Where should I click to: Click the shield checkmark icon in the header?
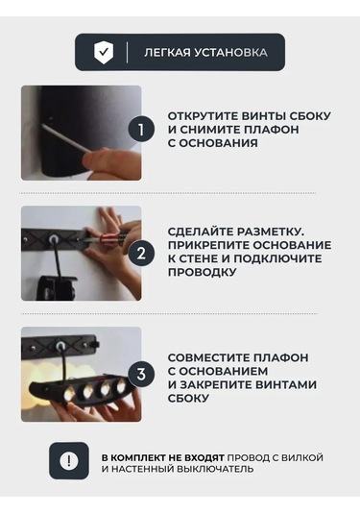pyautogui.click(x=104, y=52)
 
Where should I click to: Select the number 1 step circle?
pyautogui.click(x=141, y=129)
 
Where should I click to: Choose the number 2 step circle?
pyautogui.click(x=141, y=253)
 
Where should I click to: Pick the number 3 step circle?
pyautogui.click(x=141, y=374)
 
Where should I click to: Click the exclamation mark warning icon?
pyautogui.click(x=69, y=461)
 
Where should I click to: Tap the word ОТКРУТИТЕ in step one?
pyautogui.click(x=204, y=115)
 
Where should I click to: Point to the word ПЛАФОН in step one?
pyautogui.click(x=273, y=130)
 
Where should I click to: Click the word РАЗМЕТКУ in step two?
pyautogui.click(x=271, y=232)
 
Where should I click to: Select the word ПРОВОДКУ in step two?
pyautogui.click(x=203, y=272)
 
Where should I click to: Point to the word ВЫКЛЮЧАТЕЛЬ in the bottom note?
pyautogui.click(x=216, y=469)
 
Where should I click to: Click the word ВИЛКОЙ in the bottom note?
pyautogui.click(x=302, y=457)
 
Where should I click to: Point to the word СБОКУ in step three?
pyautogui.click(x=188, y=399)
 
